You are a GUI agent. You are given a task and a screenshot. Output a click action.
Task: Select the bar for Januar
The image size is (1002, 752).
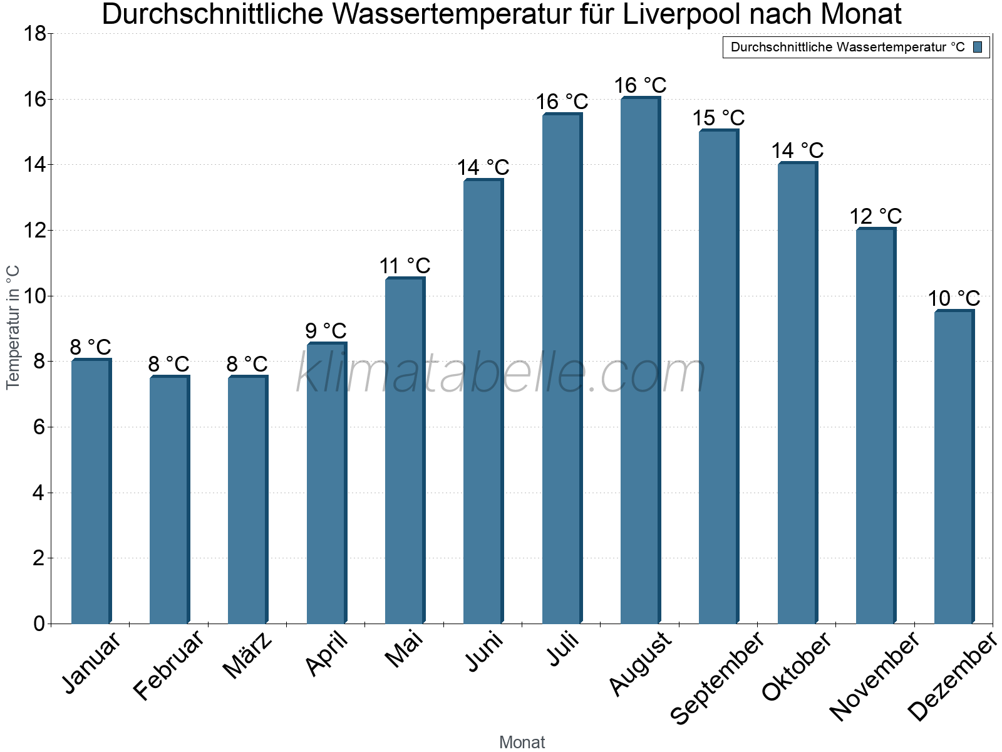(x=91, y=492)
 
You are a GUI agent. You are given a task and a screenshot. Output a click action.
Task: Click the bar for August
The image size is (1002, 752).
(x=640, y=360)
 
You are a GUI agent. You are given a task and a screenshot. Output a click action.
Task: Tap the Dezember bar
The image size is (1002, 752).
(x=954, y=467)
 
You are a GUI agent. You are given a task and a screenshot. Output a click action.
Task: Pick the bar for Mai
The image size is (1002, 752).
(x=405, y=451)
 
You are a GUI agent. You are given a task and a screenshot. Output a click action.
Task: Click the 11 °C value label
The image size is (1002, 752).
(x=405, y=266)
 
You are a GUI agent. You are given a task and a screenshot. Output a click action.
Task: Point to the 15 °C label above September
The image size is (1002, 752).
(x=718, y=118)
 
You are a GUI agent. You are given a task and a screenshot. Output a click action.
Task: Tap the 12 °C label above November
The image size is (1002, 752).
(x=875, y=216)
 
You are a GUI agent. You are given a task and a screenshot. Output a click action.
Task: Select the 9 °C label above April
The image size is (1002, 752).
(x=326, y=331)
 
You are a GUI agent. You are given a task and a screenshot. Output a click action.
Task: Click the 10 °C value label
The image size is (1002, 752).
(x=954, y=298)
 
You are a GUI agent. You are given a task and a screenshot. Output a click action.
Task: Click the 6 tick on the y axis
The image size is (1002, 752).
(x=39, y=427)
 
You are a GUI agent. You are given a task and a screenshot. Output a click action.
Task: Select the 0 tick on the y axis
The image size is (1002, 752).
(x=39, y=624)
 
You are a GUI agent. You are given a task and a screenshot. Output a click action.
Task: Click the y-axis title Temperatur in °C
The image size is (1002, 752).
(x=13, y=327)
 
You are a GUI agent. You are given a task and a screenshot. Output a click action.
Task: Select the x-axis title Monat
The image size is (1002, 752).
(x=522, y=743)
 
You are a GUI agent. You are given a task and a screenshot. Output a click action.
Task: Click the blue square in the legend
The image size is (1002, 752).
(x=978, y=47)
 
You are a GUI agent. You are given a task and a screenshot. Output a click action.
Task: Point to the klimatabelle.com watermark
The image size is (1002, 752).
(x=501, y=373)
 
